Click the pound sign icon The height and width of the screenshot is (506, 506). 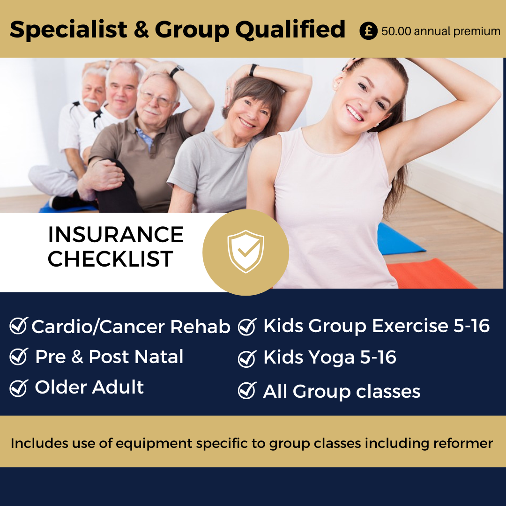click(x=368, y=30)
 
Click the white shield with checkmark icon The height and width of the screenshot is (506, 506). click(x=246, y=252)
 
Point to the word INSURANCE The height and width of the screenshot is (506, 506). click(x=116, y=235)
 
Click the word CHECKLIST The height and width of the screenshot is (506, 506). click(x=111, y=259)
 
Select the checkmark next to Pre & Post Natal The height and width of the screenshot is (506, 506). click(x=19, y=356)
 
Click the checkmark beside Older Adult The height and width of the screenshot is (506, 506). click(x=19, y=387)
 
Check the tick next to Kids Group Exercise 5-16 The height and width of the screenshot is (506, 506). click(x=247, y=327)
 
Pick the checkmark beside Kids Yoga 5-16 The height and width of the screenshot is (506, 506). click(x=247, y=358)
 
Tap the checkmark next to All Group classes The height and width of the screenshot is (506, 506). click(x=247, y=390)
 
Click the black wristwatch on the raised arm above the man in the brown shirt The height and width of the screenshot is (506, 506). click(x=177, y=71)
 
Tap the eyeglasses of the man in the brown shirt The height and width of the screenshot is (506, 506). click(x=157, y=99)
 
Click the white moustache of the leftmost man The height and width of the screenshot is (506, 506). click(x=91, y=101)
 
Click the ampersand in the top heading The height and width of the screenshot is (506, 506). click(x=141, y=30)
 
